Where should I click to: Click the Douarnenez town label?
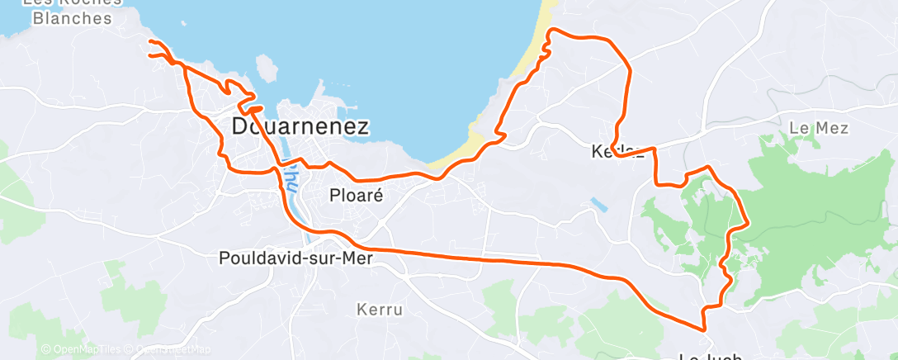click(x=300, y=126)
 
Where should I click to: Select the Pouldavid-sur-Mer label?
click(x=296, y=258)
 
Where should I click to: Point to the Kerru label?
click(x=380, y=310)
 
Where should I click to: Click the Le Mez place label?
click(x=819, y=128)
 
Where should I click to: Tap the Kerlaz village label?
click(x=617, y=152)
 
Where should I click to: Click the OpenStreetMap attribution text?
click(x=173, y=349)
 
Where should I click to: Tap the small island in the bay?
click(x=267, y=69)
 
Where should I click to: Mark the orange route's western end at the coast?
click(x=149, y=41)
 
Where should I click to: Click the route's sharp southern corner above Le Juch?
click(x=705, y=329)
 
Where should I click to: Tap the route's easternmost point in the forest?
click(x=747, y=223)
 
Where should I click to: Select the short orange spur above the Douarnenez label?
click(x=252, y=108)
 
